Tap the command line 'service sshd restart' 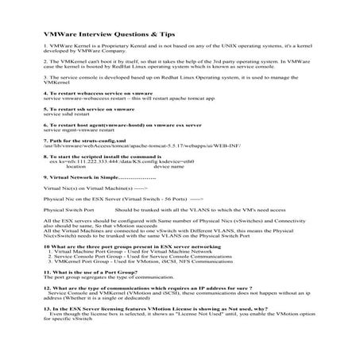(x=68, y=114)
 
